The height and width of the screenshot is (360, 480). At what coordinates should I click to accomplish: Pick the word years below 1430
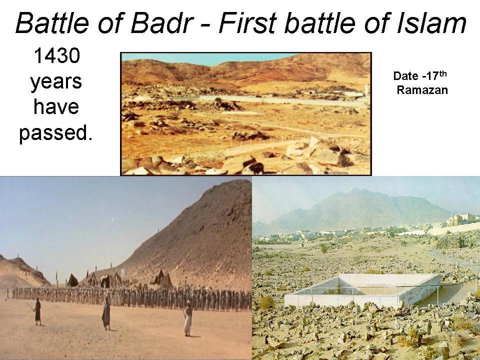tap(55, 81)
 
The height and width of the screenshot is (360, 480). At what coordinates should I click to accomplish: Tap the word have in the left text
tap(55, 107)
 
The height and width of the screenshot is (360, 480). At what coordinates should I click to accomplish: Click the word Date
tap(405, 76)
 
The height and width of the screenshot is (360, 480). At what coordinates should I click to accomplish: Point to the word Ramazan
tap(422, 90)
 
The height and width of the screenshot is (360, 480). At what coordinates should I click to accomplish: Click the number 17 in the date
tap(430, 76)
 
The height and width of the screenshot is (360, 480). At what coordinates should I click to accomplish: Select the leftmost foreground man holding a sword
tap(37, 311)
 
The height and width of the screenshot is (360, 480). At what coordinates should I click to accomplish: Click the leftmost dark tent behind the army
tap(72, 279)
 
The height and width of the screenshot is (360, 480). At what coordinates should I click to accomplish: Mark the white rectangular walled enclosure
tap(362, 290)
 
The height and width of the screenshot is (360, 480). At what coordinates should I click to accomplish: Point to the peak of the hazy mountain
tap(356, 190)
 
